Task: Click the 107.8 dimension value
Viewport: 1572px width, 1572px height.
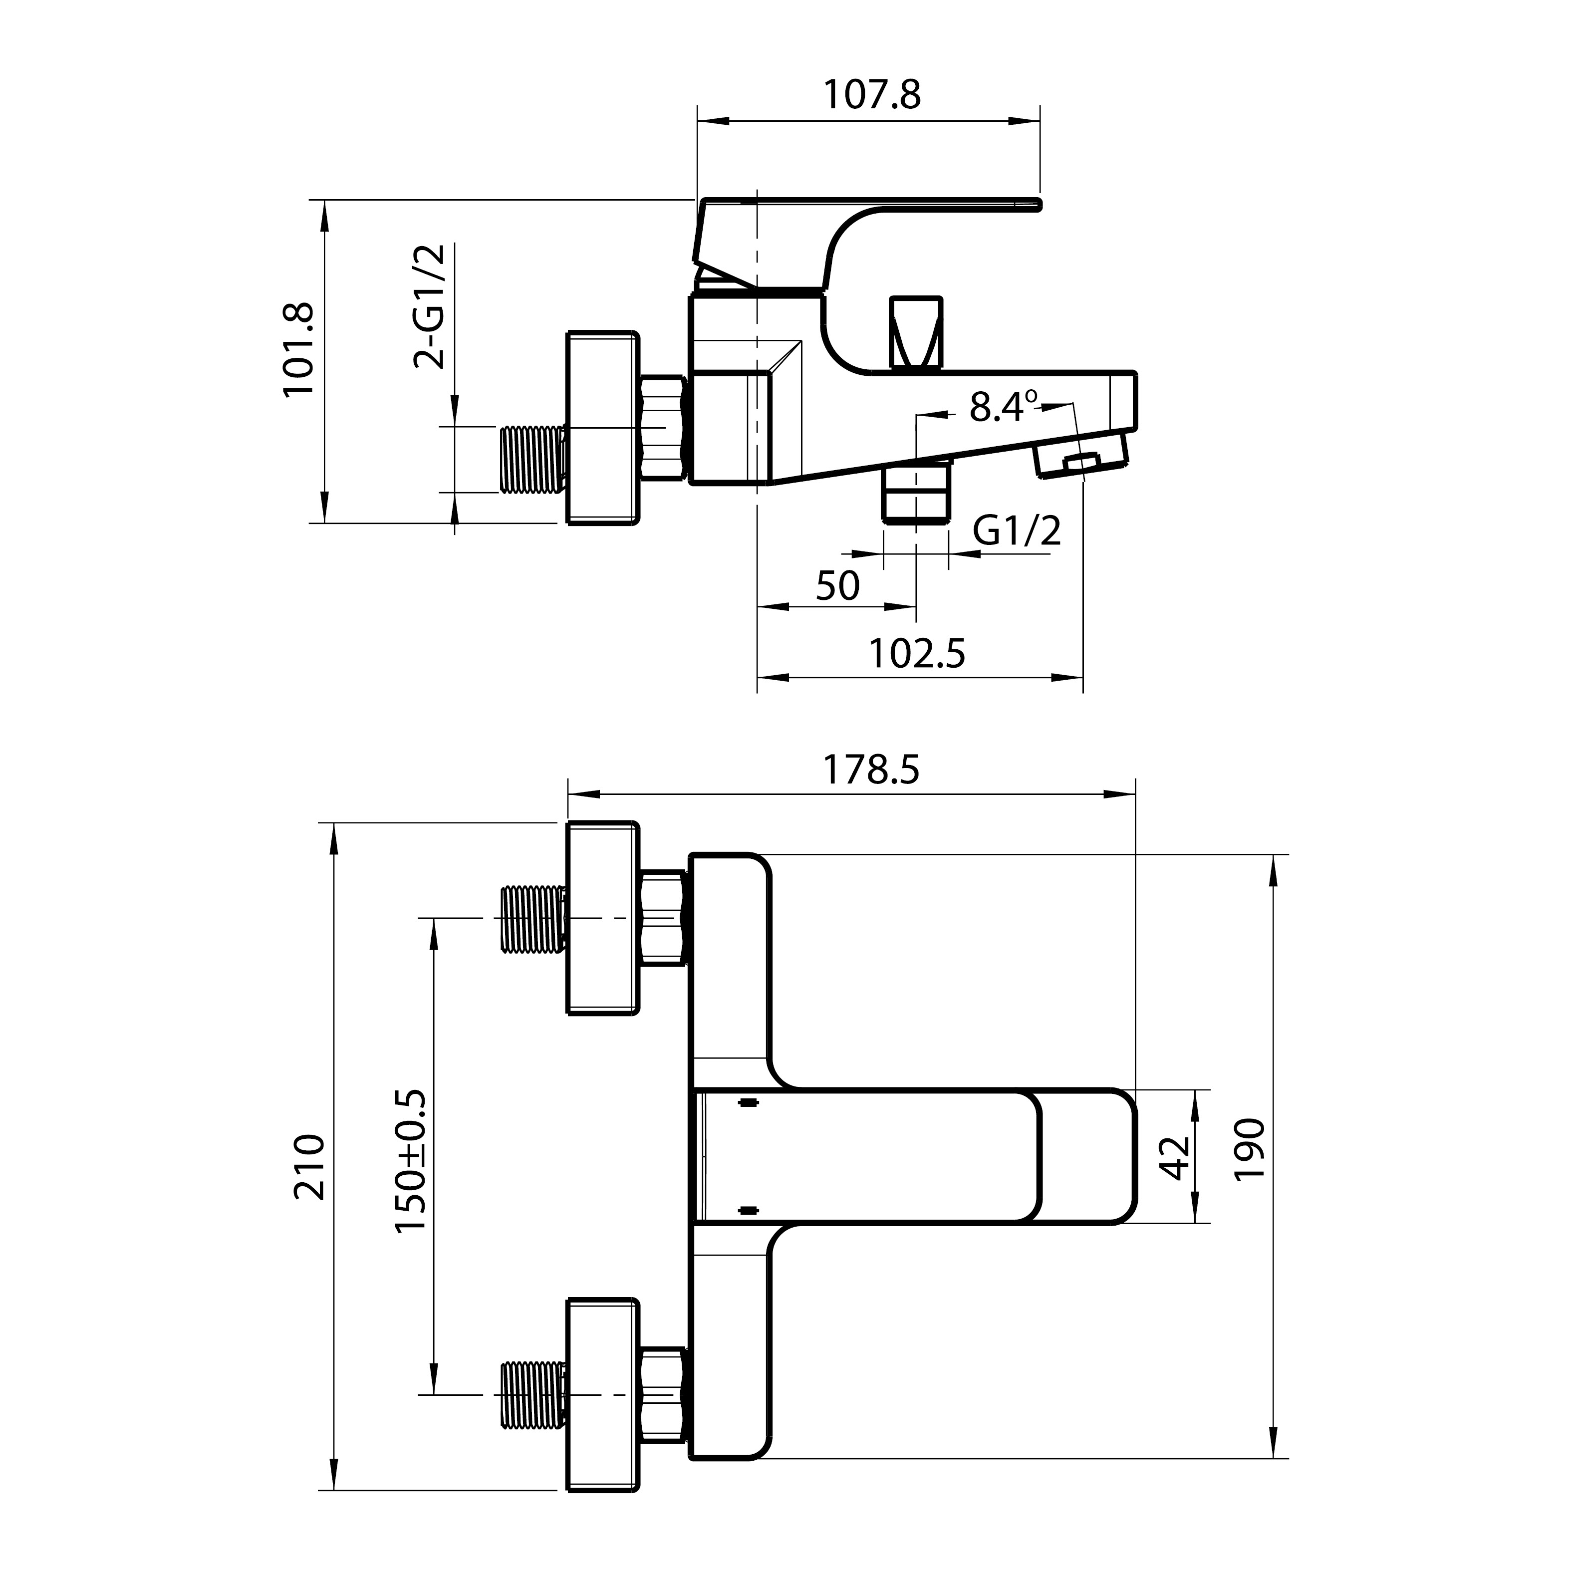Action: click(x=872, y=95)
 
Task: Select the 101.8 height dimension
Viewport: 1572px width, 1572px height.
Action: click(x=298, y=350)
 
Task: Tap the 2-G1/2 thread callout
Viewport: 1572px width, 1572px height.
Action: click(x=430, y=307)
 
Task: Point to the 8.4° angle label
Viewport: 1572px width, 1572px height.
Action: click(x=1003, y=406)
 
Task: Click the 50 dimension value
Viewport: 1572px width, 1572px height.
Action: click(x=837, y=586)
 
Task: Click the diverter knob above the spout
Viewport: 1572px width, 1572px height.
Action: click(x=917, y=333)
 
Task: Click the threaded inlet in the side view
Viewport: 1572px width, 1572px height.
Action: click(x=533, y=459)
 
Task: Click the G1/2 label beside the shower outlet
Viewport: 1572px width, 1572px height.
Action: click(x=1017, y=532)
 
